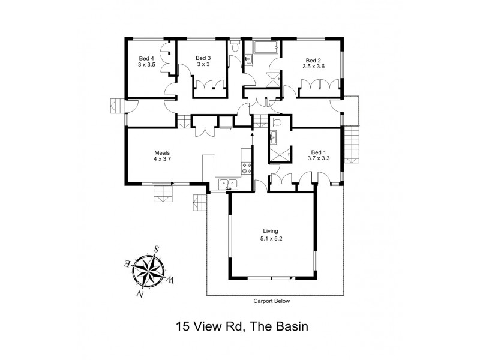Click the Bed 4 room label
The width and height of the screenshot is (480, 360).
point(146,58)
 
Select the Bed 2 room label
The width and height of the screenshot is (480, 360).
point(313,60)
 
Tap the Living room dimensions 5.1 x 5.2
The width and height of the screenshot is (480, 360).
point(271,238)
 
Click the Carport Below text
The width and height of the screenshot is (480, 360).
point(271,301)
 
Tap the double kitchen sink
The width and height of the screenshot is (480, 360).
point(229,183)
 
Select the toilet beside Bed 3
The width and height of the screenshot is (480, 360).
point(238,47)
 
